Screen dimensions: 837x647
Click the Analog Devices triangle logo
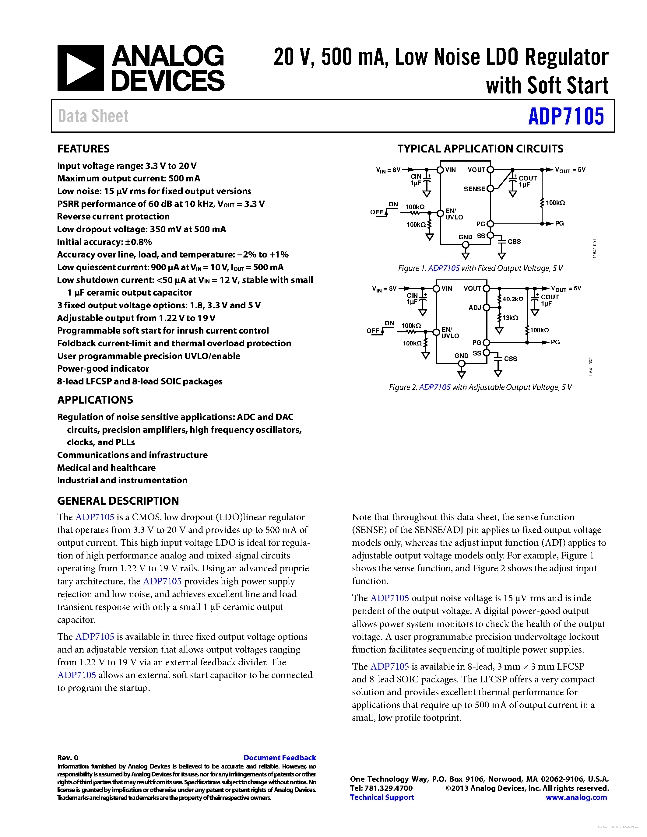click(x=80, y=68)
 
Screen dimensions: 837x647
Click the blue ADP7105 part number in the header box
click(x=566, y=117)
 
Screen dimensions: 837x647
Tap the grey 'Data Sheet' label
click(x=93, y=116)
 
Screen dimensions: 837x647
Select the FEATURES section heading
click(x=83, y=149)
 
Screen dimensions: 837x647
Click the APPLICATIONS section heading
click(x=95, y=400)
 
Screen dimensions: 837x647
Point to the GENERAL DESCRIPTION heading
click(x=118, y=501)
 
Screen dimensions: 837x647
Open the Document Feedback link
click(x=280, y=758)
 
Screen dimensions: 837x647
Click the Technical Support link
click(x=382, y=797)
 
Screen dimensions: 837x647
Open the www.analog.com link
click(x=576, y=797)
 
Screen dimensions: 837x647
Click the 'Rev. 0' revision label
click(x=68, y=758)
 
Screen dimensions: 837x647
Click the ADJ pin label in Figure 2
click(x=475, y=308)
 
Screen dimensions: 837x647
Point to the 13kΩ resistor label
click(x=510, y=318)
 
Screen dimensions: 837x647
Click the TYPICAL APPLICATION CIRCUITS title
click(x=480, y=149)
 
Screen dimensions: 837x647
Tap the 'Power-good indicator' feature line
click(x=103, y=369)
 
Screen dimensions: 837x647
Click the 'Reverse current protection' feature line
click(x=114, y=216)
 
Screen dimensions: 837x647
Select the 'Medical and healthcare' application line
click(x=107, y=468)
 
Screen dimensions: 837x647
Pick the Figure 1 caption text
click(x=480, y=268)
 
